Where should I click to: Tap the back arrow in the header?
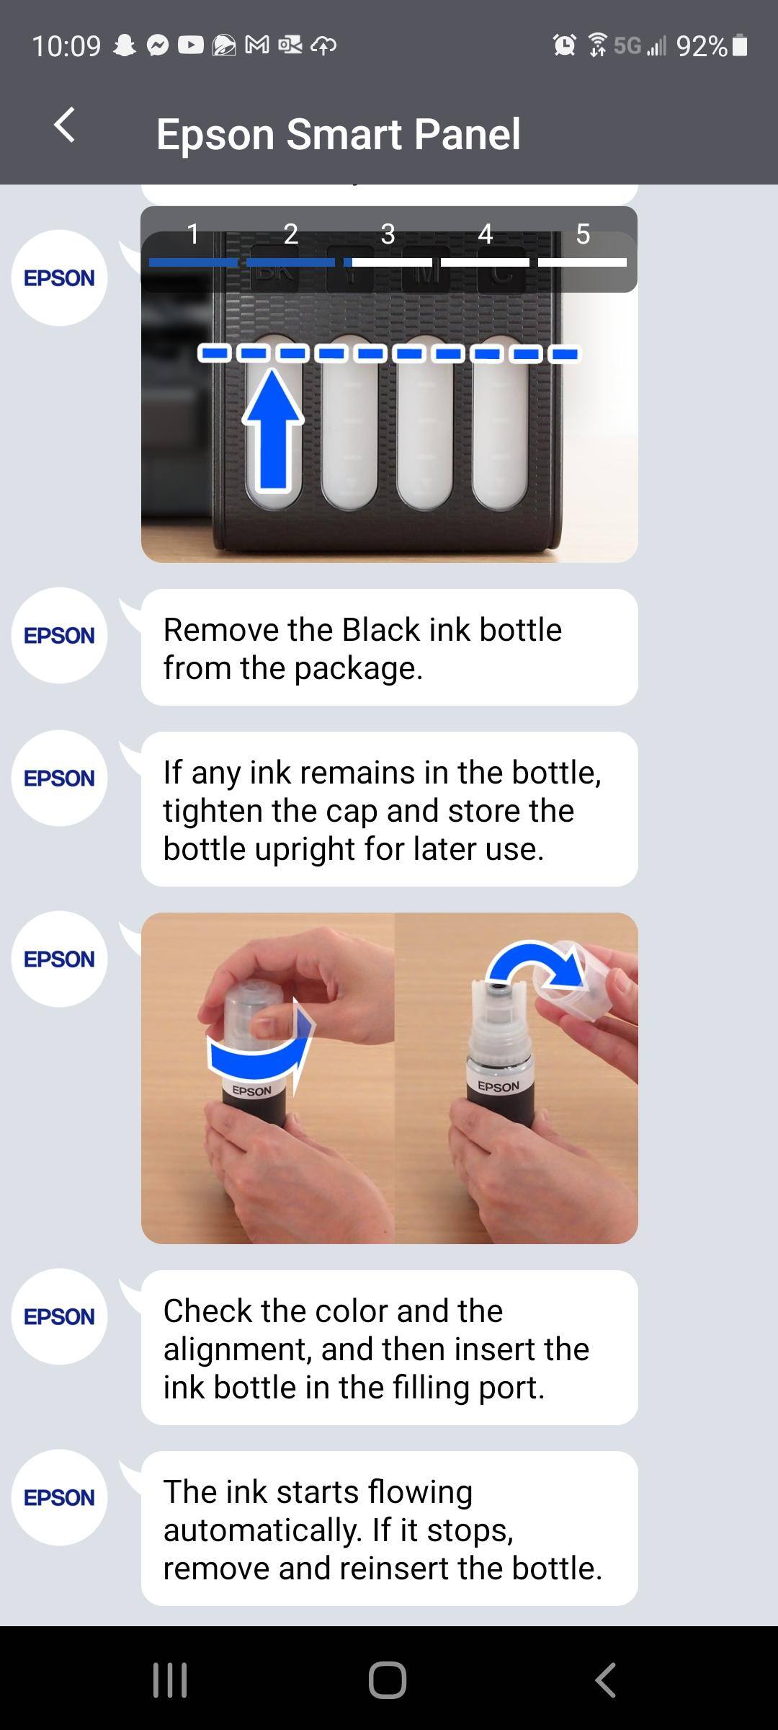(65, 125)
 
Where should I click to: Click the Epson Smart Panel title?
(338, 134)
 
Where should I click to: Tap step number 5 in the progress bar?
(583, 234)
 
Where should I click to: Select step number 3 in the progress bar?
(388, 234)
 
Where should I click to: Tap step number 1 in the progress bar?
(193, 234)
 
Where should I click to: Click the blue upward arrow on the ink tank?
(272, 430)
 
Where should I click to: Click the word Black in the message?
(380, 629)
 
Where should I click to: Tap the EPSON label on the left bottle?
(252, 1091)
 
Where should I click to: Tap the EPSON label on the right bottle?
(498, 1086)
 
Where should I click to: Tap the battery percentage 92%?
(702, 46)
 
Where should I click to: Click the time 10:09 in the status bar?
(66, 46)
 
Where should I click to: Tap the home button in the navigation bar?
(388, 1680)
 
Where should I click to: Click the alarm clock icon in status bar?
(564, 45)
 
